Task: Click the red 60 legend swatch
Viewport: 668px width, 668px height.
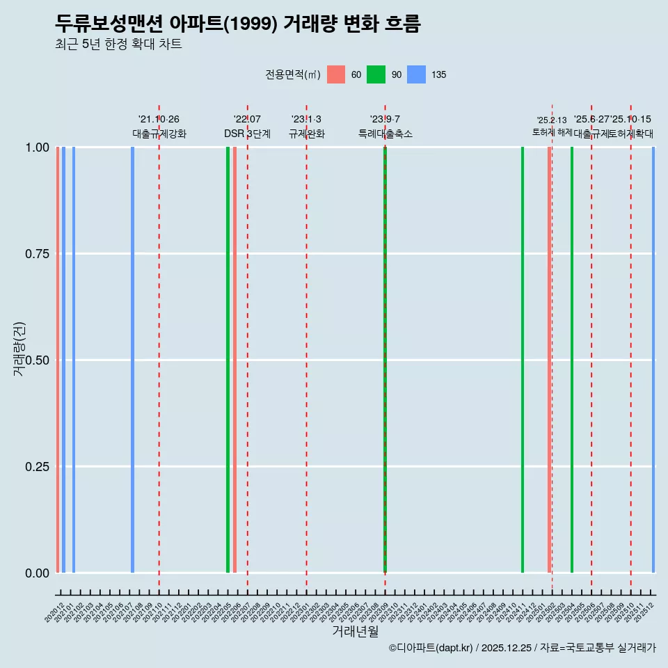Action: coord(336,74)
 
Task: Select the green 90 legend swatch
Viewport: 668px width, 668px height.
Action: coord(376,74)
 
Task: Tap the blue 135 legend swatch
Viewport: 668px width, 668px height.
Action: coord(416,74)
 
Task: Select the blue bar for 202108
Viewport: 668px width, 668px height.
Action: coord(132,360)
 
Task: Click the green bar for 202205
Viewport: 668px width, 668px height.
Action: coord(228,360)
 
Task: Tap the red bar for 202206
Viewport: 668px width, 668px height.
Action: coord(235,360)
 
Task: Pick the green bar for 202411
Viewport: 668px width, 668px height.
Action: coord(523,360)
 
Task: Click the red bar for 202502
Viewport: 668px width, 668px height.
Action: coord(549,360)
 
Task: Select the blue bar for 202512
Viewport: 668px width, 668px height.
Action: coord(653,360)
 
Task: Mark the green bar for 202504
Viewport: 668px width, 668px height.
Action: coord(572,360)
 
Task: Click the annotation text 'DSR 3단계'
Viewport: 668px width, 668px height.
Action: coord(247,134)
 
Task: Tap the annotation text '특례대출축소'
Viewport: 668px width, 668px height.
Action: coord(385,134)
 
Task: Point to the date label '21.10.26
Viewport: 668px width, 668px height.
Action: coord(159,119)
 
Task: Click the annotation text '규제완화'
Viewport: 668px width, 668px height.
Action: coord(307,134)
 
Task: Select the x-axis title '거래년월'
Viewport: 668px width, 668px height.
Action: coord(355,631)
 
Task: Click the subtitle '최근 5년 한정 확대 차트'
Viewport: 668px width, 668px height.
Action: coord(118,45)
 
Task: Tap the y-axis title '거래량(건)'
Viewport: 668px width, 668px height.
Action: coord(19,349)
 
